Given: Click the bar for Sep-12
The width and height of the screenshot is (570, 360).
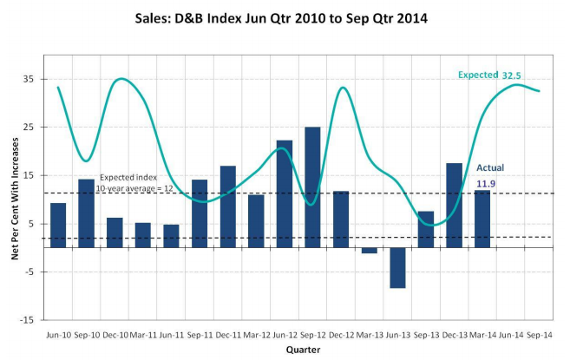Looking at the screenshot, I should (x=312, y=187).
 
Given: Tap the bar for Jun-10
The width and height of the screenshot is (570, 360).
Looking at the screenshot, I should (x=58, y=225).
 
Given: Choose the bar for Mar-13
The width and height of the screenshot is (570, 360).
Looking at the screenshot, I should (x=369, y=251).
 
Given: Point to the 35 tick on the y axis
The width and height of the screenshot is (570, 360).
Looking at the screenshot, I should (x=29, y=79).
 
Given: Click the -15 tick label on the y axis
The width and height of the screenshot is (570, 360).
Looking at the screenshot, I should (x=27, y=320).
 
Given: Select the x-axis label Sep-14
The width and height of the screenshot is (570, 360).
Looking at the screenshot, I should (x=538, y=334).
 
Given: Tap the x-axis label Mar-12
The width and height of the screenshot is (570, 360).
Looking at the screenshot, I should (x=255, y=334).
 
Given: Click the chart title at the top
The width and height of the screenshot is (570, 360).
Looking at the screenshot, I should (x=285, y=16).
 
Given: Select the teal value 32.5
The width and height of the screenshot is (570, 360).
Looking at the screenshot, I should (x=512, y=75).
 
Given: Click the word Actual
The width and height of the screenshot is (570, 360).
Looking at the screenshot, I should (x=490, y=167).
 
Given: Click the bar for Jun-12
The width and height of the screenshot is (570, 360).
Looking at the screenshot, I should (x=285, y=193).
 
